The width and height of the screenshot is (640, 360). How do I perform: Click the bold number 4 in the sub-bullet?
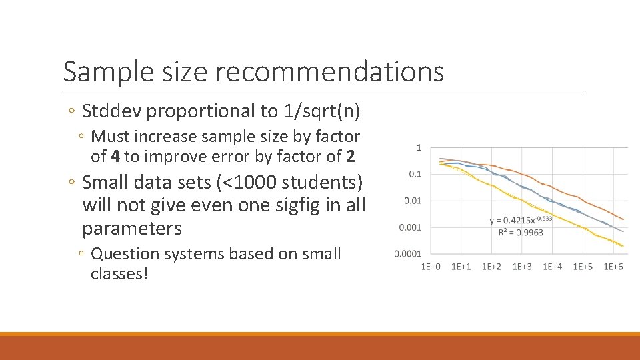[x=115, y=157]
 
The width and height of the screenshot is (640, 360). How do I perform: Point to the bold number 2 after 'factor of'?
[x=351, y=157]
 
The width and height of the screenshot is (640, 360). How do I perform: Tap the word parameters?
[x=131, y=229]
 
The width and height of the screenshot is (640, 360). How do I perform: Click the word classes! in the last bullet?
[x=119, y=274]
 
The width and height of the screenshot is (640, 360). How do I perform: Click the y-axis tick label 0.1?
[x=414, y=174]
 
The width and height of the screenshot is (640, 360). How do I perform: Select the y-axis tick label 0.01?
[x=411, y=201]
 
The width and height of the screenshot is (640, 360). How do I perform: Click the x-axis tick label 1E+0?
[x=431, y=267]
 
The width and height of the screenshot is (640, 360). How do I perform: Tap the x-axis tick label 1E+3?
[x=522, y=267]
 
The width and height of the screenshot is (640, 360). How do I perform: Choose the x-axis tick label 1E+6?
[x=613, y=267]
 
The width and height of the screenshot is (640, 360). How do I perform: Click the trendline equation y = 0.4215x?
[x=517, y=221]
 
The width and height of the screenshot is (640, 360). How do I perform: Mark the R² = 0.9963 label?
[x=521, y=233]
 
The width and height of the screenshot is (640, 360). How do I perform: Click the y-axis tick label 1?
[x=419, y=147]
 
